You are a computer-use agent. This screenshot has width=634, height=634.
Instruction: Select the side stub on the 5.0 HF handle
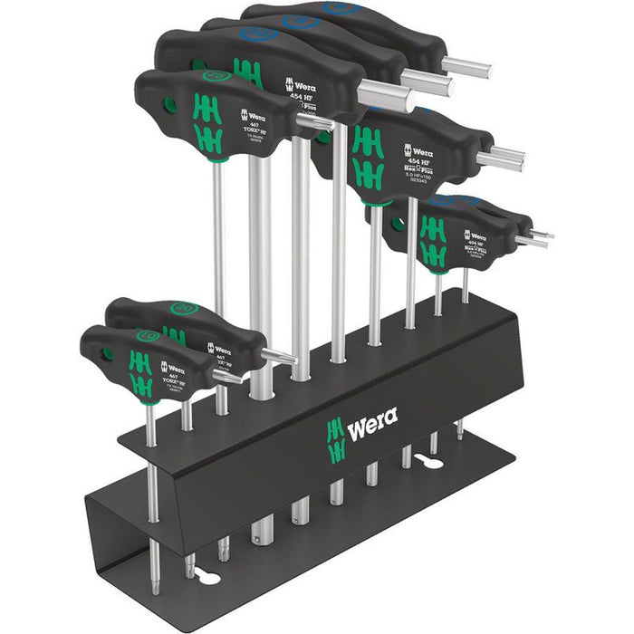tap(500, 160)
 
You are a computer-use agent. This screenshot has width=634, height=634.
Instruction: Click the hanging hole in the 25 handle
tap(169, 105)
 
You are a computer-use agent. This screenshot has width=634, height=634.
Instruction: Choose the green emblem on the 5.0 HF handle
tap(367, 156)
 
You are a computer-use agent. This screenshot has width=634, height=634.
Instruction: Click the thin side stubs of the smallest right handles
tap(538, 237)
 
